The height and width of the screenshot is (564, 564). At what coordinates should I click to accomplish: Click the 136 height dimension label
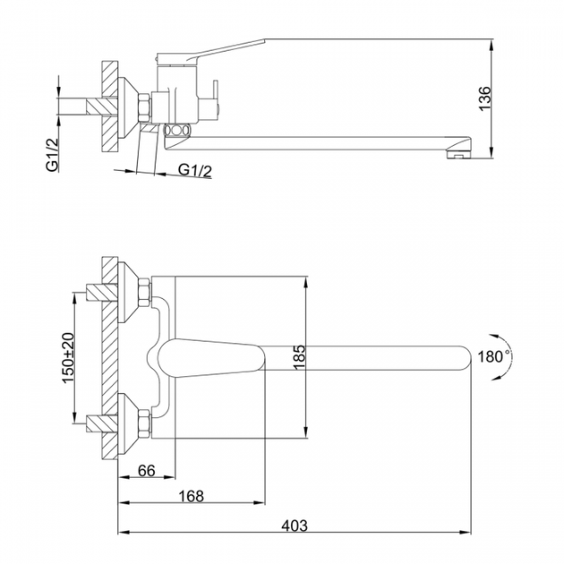pyautogui.click(x=485, y=98)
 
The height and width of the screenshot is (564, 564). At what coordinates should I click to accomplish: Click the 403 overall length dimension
pyautogui.click(x=295, y=526)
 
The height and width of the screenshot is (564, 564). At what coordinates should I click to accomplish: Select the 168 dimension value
pyautogui.click(x=191, y=496)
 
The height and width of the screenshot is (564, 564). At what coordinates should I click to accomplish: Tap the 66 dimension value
pyautogui.click(x=147, y=471)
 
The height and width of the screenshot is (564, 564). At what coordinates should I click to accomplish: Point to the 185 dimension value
pyautogui.click(x=299, y=357)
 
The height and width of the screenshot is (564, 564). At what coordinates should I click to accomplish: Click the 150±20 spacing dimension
pyautogui.click(x=68, y=358)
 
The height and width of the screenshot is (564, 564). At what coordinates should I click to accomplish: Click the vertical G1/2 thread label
pyautogui.click(x=53, y=155)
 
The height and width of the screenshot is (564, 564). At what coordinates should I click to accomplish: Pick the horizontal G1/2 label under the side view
pyautogui.click(x=195, y=170)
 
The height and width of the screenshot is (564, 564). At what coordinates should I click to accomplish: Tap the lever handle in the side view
pyautogui.click(x=211, y=52)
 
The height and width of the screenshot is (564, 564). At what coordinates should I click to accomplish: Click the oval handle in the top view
pyautogui.click(x=211, y=358)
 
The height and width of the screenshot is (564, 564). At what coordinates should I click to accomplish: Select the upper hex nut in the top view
pyautogui.click(x=145, y=293)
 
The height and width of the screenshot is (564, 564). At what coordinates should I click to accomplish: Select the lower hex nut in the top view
pyautogui.click(x=145, y=423)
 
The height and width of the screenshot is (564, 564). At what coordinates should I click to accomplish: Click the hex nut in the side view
pyautogui.click(x=145, y=108)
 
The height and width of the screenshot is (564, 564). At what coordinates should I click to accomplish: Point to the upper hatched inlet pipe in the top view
pyautogui.click(x=102, y=293)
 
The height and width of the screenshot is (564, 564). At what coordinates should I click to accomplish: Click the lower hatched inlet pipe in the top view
pyautogui.click(x=102, y=423)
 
